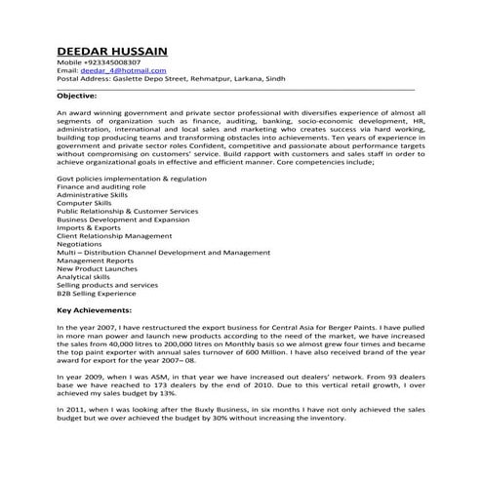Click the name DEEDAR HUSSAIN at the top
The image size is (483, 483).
[112, 50]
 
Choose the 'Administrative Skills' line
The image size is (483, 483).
[93, 195]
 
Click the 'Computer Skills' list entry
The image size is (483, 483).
[85, 203]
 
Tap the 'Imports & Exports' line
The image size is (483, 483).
[89, 227]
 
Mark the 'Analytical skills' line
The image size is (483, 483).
[85, 276]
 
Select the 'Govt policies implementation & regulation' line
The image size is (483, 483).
[132, 181]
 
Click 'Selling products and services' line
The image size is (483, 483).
[107, 284]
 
